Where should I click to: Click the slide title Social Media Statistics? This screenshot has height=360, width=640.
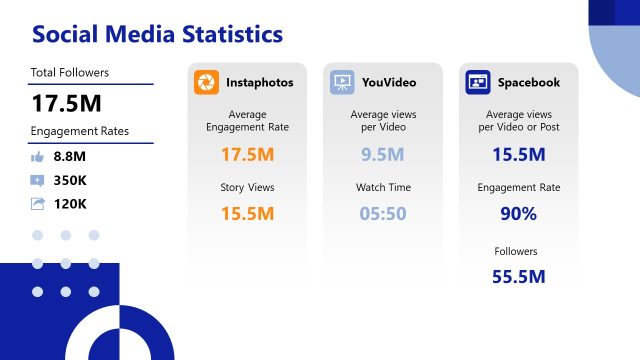[157, 34]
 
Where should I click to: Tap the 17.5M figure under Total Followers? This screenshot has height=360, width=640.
[66, 103]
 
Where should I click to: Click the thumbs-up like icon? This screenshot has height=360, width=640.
[38, 156]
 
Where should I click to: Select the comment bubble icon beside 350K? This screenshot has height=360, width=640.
[38, 180]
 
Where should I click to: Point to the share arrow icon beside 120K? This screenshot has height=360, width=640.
[38, 204]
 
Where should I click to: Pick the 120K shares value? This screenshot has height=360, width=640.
[71, 204]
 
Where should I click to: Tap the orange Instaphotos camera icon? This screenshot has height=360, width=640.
[207, 82]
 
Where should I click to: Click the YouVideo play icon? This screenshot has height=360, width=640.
[343, 82]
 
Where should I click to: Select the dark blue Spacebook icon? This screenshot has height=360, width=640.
[478, 82]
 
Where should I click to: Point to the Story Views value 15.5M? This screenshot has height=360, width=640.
[246, 213]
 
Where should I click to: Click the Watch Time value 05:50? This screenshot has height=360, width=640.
[382, 213]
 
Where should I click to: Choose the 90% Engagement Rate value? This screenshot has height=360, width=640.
[518, 213]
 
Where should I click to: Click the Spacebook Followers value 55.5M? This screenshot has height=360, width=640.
[518, 276]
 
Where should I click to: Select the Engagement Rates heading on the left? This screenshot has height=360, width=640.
[80, 131]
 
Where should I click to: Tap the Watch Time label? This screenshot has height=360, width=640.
[382, 187]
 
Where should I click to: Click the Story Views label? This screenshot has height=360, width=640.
[246, 187]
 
